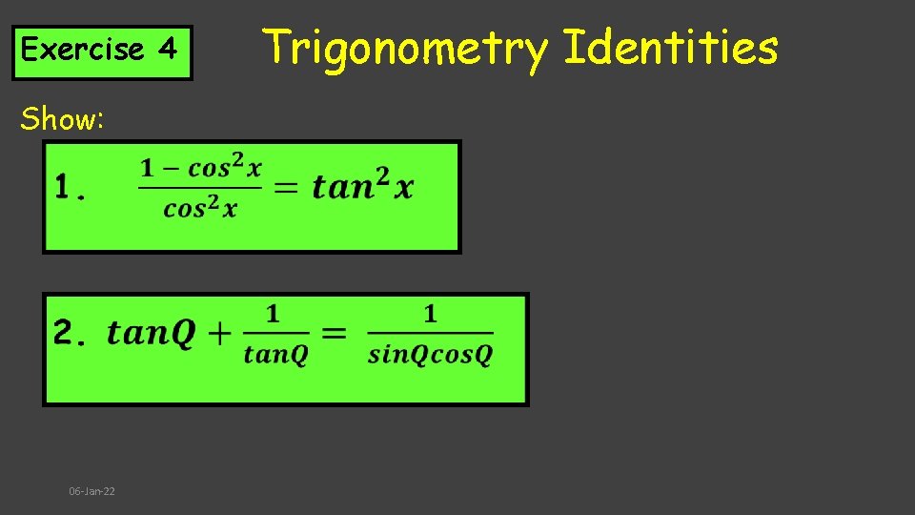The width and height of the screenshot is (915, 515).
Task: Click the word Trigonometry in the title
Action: [x=404, y=48]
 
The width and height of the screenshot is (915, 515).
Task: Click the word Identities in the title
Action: [x=671, y=48]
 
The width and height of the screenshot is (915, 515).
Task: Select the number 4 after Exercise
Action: [x=168, y=50]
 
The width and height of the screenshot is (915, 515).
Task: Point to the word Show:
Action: [x=62, y=119]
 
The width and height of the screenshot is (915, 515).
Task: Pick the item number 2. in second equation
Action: [x=71, y=333]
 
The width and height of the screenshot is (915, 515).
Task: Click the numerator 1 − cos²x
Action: [x=201, y=169]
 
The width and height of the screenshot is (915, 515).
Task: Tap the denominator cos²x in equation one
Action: [x=200, y=209]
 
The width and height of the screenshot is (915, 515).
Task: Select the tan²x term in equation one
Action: [x=363, y=186]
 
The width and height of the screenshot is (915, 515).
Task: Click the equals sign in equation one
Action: [x=285, y=188]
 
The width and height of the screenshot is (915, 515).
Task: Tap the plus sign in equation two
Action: [x=219, y=333]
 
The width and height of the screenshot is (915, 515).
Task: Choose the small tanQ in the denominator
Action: [x=275, y=356]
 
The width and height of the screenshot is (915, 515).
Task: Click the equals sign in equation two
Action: [x=334, y=333]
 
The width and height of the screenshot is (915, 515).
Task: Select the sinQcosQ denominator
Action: [x=430, y=356]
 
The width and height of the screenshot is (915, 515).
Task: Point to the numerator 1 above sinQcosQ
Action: [x=430, y=313]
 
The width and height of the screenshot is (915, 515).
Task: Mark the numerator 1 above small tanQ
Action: [x=274, y=313]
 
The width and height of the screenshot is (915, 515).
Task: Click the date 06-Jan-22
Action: [x=91, y=491]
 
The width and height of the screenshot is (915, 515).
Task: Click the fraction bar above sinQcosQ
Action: [x=430, y=333]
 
